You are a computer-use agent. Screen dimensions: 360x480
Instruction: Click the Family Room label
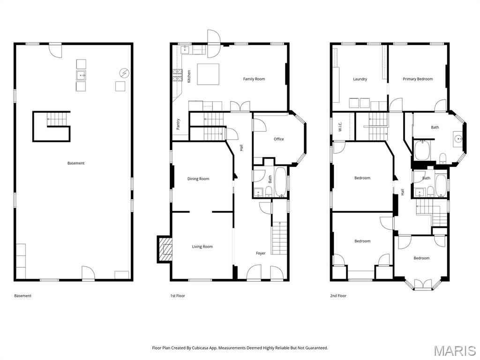click(x=254, y=79)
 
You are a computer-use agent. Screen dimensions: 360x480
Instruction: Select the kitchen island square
click(x=208, y=74)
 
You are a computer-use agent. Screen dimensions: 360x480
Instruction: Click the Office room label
click(x=279, y=139)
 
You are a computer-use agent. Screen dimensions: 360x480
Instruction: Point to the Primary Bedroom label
click(x=418, y=79)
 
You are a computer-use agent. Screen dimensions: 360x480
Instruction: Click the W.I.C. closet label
click(x=340, y=126)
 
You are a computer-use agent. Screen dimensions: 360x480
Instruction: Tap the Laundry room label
click(x=360, y=79)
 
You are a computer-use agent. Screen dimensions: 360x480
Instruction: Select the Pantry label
click(x=178, y=124)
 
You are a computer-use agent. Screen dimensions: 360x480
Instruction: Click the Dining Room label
click(x=198, y=179)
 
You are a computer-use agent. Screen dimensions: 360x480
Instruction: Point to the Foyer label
click(x=261, y=253)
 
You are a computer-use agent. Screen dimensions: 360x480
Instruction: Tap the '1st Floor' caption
click(x=177, y=296)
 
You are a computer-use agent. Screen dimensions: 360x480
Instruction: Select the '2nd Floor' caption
click(x=338, y=296)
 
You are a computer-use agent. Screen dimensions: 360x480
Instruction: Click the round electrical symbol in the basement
click(x=124, y=73)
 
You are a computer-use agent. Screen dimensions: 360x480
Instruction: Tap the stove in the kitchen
click(x=178, y=75)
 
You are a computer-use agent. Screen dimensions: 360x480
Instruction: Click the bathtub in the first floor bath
click(x=281, y=182)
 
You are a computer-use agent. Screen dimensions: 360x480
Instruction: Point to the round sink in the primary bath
click(x=457, y=139)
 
